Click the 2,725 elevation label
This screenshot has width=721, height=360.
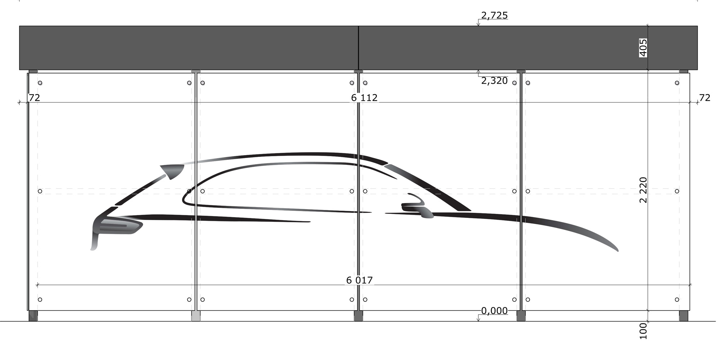(x=494, y=16)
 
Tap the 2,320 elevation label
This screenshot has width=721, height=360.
(x=494, y=81)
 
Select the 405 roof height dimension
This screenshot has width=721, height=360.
(x=643, y=48)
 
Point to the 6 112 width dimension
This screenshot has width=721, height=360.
(x=364, y=98)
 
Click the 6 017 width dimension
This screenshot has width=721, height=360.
(x=359, y=280)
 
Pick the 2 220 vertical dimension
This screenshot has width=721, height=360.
(x=643, y=190)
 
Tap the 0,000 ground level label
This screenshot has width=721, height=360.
(x=494, y=311)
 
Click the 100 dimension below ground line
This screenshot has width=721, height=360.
(x=643, y=331)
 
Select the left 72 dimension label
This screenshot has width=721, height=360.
(x=34, y=98)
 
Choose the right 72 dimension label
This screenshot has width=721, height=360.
(x=704, y=98)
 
